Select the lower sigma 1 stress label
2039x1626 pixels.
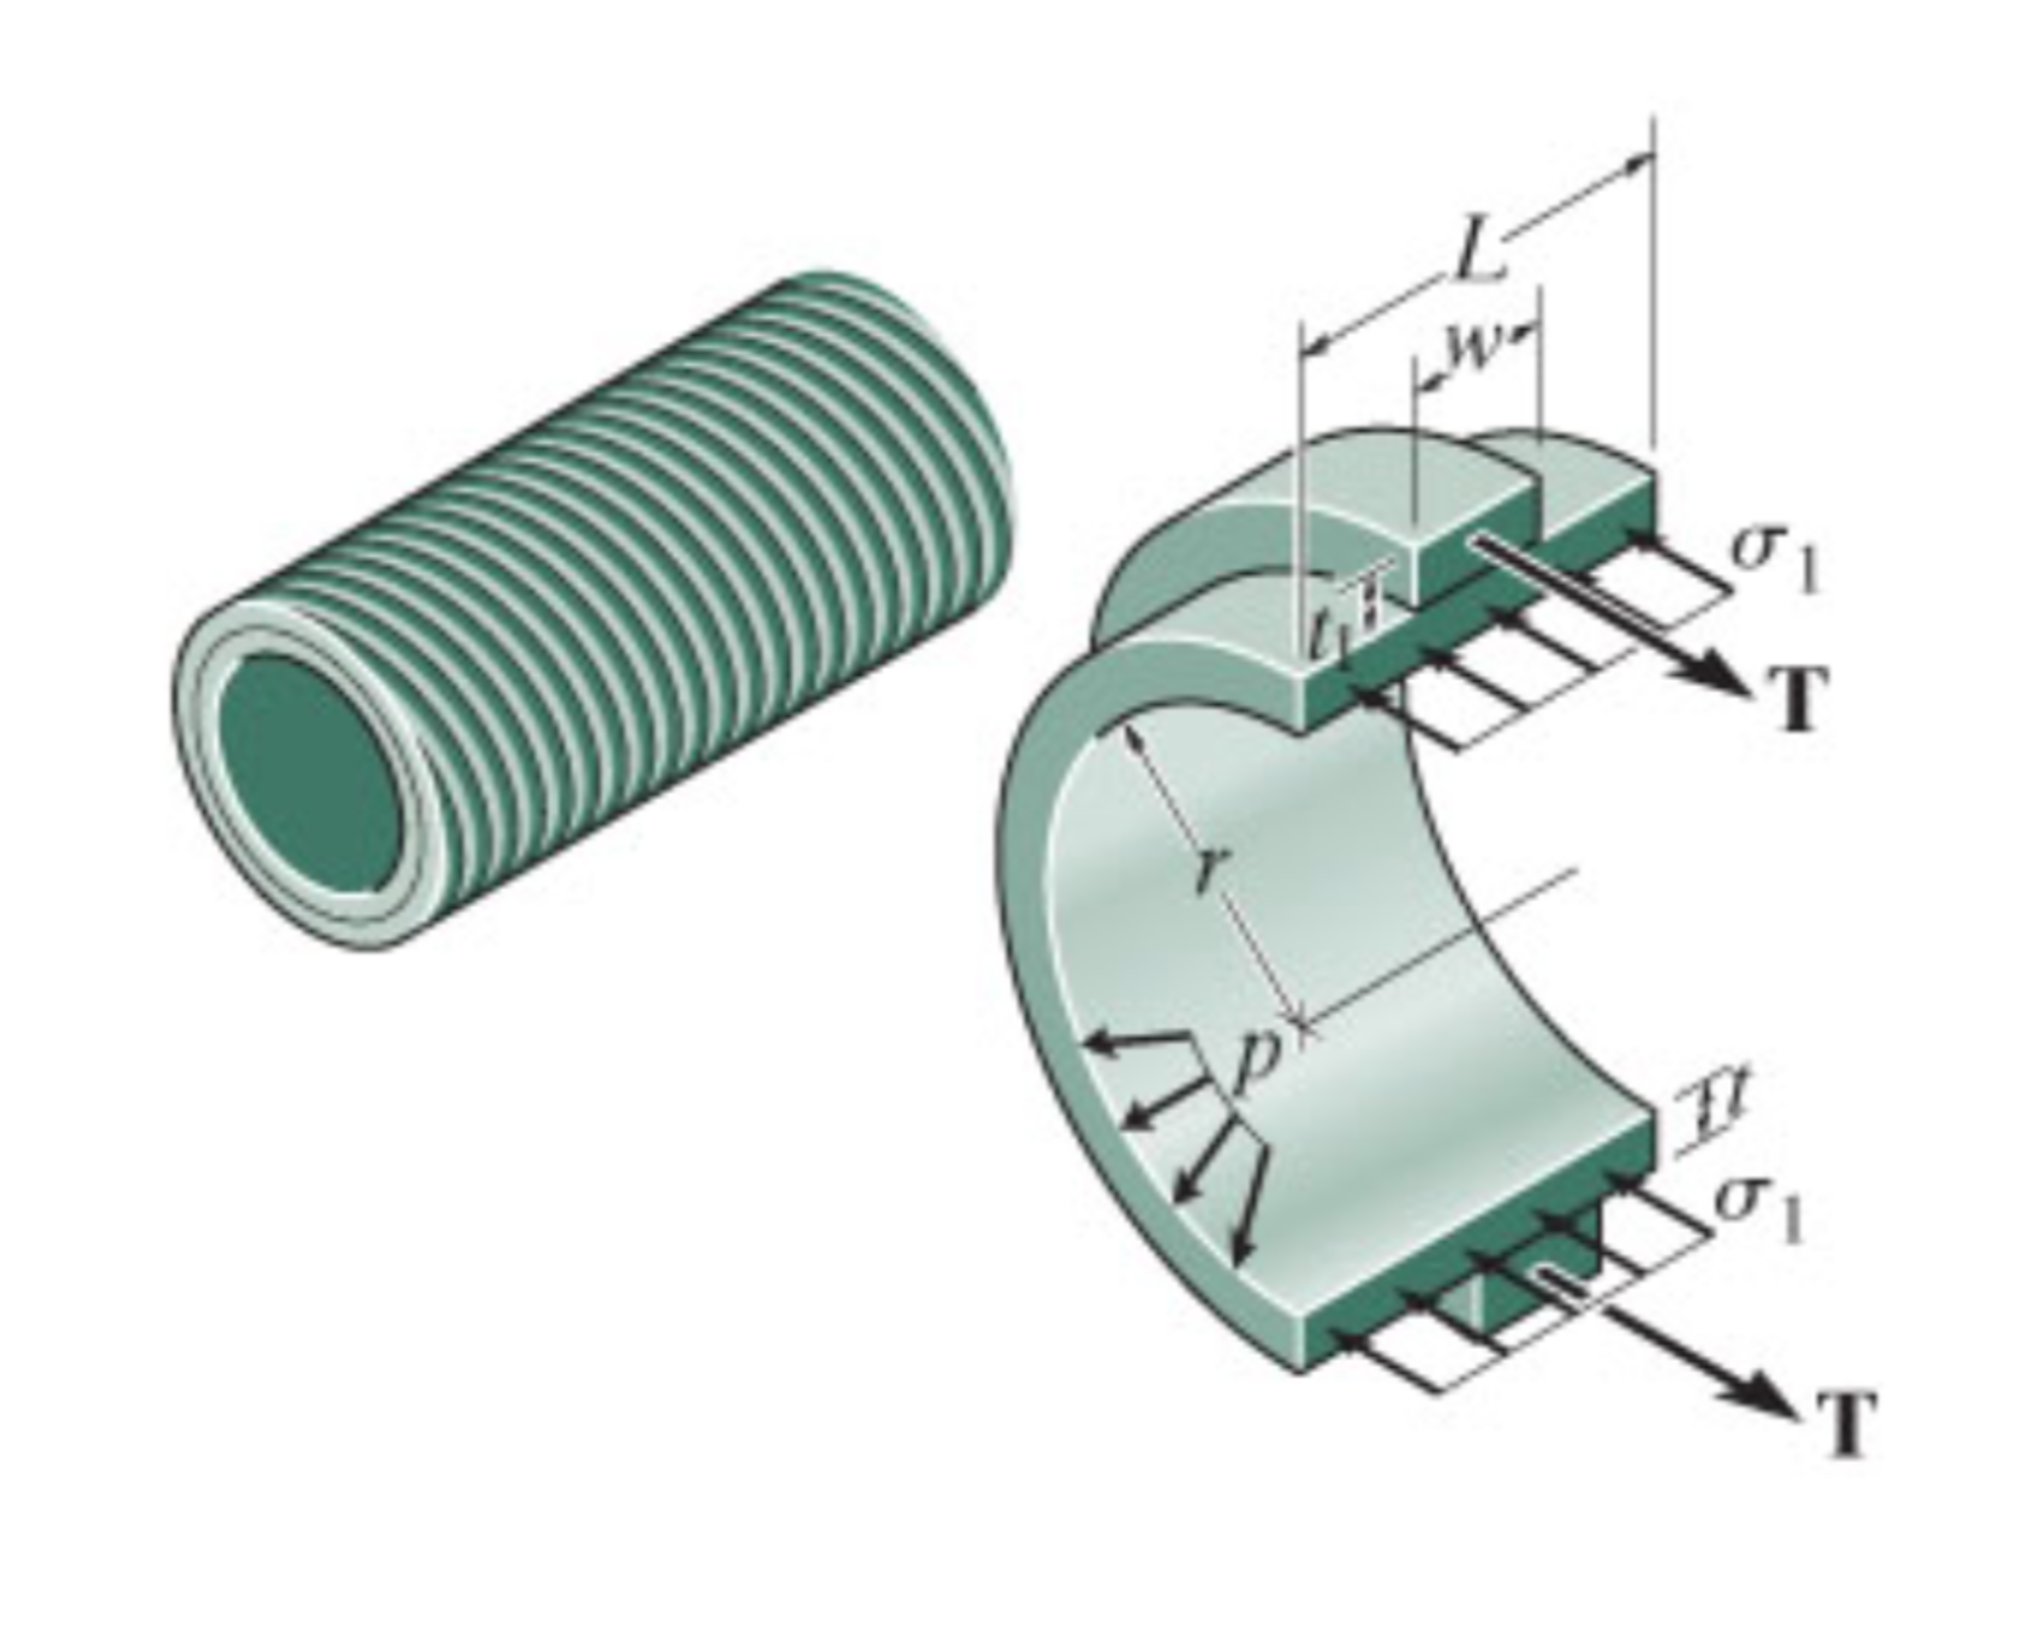(x=1759, y=1210)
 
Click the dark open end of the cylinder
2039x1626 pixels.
(x=309, y=772)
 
